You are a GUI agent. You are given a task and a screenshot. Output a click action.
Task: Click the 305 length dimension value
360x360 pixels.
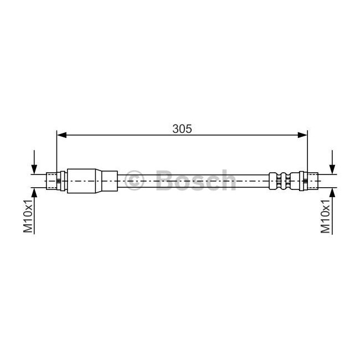pyautogui.click(x=182, y=128)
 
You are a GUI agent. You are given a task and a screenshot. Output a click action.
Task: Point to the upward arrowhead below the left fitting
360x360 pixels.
pyautogui.click(x=35, y=192)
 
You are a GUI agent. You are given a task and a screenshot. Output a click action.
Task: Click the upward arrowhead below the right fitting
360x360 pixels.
pyautogui.click(x=332, y=192)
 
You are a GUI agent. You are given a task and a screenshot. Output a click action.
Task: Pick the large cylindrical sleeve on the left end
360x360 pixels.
pyautogui.click(x=83, y=180)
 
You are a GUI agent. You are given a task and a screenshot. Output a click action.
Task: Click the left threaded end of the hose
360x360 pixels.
pyautogui.click(x=51, y=180)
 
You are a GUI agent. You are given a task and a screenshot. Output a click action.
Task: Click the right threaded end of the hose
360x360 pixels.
pyautogui.click(x=313, y=180)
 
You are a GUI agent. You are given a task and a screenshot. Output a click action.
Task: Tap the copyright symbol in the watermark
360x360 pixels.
pyautogui.click(x=135, y=181)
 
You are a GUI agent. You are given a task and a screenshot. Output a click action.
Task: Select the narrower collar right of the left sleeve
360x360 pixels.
pyautogui.click(x=110, y=180)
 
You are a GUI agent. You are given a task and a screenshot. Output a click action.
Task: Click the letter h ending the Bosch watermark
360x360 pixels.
pyautogui.click(x=228, y=180)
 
